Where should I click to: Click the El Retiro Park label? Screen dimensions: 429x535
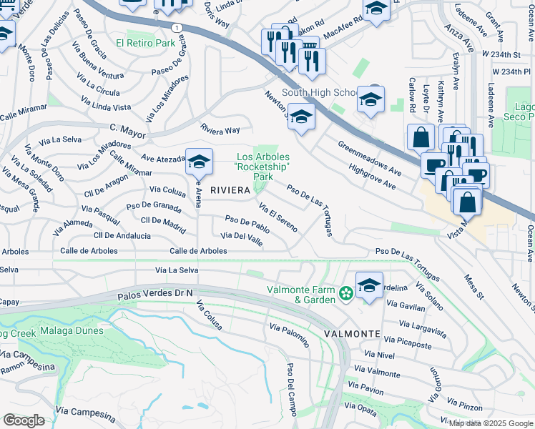click(x=150, y=43)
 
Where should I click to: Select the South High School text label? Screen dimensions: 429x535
click(x=319, y=92)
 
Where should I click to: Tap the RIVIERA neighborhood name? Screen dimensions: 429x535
click(x=230, y=189)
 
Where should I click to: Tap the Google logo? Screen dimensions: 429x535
click(x=24, y=420)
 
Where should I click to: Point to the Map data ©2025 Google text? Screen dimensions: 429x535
click(x=491, y=423)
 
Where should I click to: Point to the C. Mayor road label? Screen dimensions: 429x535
click(x=127, y=130)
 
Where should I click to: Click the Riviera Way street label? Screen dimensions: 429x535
click(x=220, y=130)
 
